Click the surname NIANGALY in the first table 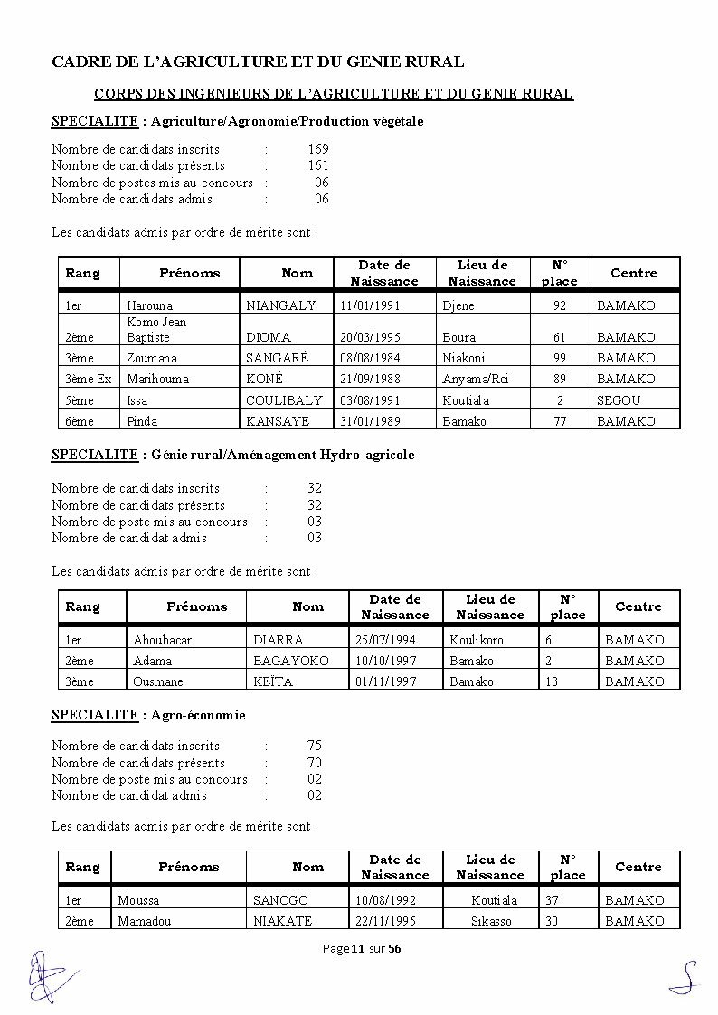(x=281, y=305)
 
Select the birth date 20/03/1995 (x=371, y=337)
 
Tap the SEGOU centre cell (x=619, y=400)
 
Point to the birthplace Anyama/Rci (x=476, y=379)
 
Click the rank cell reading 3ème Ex (x=89, y=379)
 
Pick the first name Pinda (x=142, y=421)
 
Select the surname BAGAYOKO (x=291, y=661)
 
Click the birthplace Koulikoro (x=477, y=640)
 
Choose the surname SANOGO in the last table (x=280, y=900)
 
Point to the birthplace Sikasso (x=491, y=921)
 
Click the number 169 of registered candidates (x=317, y=149)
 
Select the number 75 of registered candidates (x=314, y=746)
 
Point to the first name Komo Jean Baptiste (x=156, y=329)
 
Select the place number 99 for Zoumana (x=560, y=358)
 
